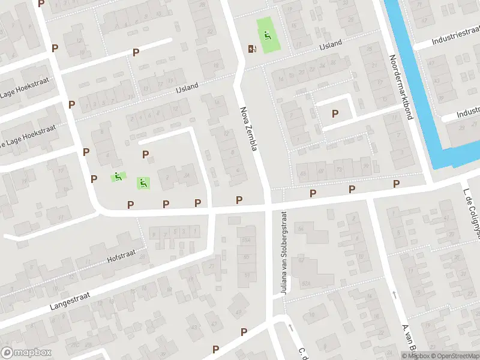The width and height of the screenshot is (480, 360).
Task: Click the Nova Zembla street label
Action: (x=248, y=128)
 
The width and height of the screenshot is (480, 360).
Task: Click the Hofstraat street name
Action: (x=122, y=257)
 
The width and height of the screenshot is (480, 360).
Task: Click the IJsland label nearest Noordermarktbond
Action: (x=331, y=44)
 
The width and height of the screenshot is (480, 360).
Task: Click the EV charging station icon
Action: (x=251, y=49)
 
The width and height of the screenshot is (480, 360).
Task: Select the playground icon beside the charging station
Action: (x=267, y=35)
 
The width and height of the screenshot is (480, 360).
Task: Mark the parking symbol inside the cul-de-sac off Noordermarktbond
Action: (x=335, y=113)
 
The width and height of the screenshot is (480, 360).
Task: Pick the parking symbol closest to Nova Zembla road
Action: (x=239, y=200)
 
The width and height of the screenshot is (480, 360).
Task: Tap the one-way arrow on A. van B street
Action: (x=394, y=294)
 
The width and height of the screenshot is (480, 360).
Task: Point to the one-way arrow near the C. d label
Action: (x=290, y=328)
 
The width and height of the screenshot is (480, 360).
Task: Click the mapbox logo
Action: (x=26, y=353)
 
